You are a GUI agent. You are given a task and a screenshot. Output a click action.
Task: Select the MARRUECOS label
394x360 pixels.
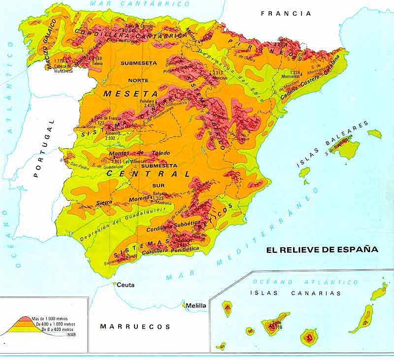[x=135, y=327]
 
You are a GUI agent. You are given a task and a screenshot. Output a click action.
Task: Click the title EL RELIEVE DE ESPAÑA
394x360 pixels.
[x=322, y=250]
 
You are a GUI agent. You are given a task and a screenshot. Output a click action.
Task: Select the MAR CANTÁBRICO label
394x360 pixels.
[x=139, y=4]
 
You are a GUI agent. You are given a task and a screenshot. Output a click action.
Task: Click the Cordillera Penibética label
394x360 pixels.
[x=170, y=251]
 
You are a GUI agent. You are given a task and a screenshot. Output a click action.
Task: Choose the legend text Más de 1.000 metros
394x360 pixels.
[x=49, y=319]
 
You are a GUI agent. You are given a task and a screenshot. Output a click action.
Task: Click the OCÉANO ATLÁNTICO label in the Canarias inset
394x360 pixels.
[x=305, y=282]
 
